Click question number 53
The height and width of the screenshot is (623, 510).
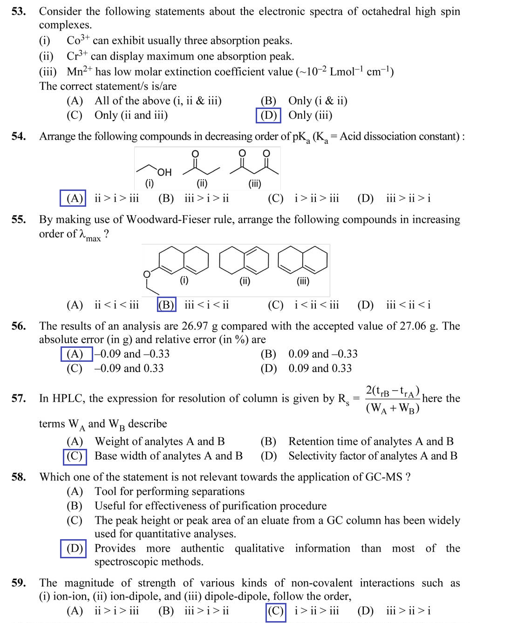[x=19, y=12]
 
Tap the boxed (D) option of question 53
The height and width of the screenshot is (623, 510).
[x=268, y=115]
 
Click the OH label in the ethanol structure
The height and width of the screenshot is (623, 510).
[x=164, y=172]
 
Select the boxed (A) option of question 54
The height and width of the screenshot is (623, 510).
[x=74, y=198]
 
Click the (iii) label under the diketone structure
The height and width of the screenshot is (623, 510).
[x=255, y=183]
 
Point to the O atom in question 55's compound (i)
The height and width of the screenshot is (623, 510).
[x=147, y=274]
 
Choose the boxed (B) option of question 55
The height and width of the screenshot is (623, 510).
[x=166, y=305]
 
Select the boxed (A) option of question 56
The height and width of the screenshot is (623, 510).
[x=75, y=354]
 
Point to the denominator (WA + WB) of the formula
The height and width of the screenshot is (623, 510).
[x=393, y=408]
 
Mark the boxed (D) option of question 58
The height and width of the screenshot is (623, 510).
[x=74, y=548]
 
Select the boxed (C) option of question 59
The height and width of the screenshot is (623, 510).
[x=276, y=611]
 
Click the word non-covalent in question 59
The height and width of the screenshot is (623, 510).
[x=322, y=583]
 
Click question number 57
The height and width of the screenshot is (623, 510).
[x=19, y=399]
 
